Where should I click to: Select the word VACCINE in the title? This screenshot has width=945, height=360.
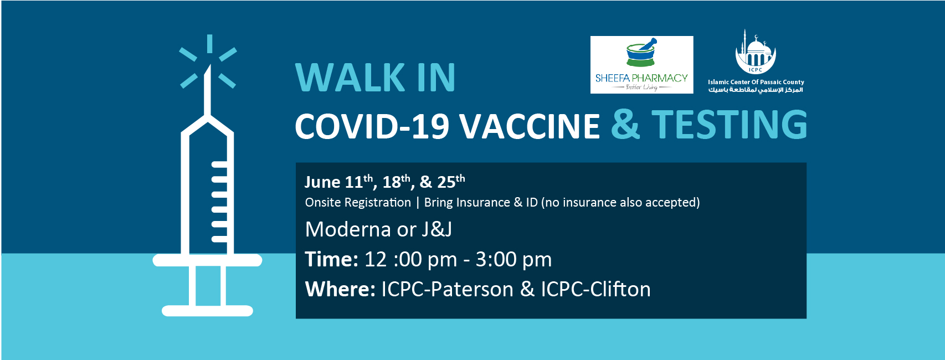coord(530,126)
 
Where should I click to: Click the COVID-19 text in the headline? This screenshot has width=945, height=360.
coord(372,126)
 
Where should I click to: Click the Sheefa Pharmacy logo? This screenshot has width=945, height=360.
coord(641,65)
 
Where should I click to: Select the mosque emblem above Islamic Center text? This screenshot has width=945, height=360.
coord(756,52)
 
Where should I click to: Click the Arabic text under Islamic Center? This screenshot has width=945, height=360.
coord(756,90)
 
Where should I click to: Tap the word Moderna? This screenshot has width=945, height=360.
coord(348,230)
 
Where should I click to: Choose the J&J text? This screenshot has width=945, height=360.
coord(436,230)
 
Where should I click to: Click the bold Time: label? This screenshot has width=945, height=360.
coord(332,259)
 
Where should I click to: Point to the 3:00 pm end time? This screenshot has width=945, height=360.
coord(513,260)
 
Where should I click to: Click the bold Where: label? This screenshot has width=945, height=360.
coord(340,289)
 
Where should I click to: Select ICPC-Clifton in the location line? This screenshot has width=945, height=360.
coord(595,289)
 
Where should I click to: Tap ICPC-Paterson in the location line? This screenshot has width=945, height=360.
coord(448,289)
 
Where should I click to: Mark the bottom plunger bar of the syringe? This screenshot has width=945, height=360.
coord(207,311)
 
